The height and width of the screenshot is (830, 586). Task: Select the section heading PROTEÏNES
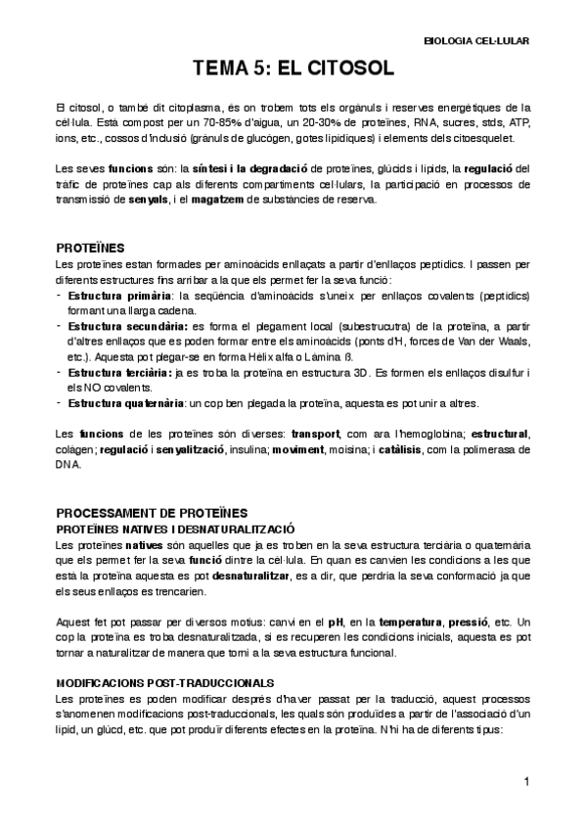[90, 249]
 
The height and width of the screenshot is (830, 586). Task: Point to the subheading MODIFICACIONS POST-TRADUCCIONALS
[165, 681]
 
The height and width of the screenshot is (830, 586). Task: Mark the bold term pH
[335, 622]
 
